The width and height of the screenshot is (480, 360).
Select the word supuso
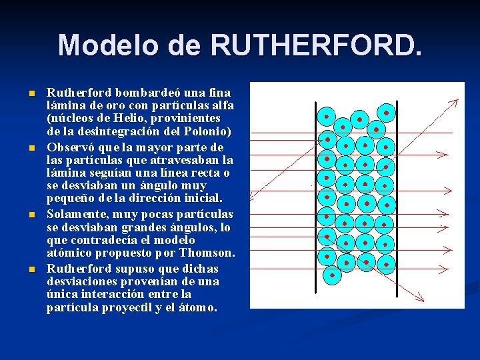click(x=131, y=269)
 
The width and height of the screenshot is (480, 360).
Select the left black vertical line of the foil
click(x=316, y=200)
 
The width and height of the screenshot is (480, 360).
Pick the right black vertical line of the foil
click(x=397, y=200)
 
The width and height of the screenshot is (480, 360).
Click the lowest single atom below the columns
click(x=329, y=273)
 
